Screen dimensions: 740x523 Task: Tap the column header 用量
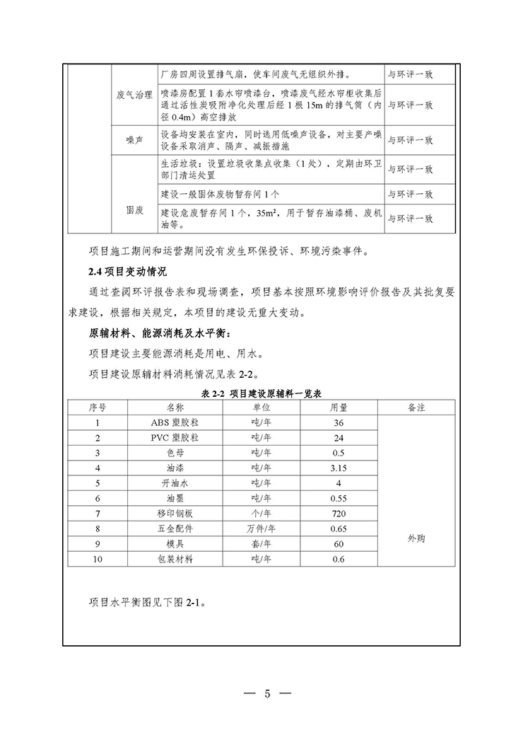click(x=339, y=408)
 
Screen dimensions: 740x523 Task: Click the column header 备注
click(x=416, y=408)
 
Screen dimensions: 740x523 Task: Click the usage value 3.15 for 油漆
click(x=339, y=468)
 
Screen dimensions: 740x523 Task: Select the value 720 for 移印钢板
click(x=339, y=513)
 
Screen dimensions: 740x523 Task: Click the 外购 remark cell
click(x=416, y=538)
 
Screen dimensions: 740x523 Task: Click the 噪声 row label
click(x=134, y=140)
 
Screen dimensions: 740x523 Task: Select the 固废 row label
click(x=134, y=209)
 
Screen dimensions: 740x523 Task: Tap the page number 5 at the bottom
click(x=268, y=693)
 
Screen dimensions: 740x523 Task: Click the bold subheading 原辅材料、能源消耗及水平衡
click(x=160, y=334)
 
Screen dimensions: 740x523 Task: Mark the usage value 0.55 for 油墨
click(x=339, y=498)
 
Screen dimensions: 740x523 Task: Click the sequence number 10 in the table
click(x=98, y=558)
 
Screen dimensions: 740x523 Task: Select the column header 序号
click(x=98, y=408)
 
